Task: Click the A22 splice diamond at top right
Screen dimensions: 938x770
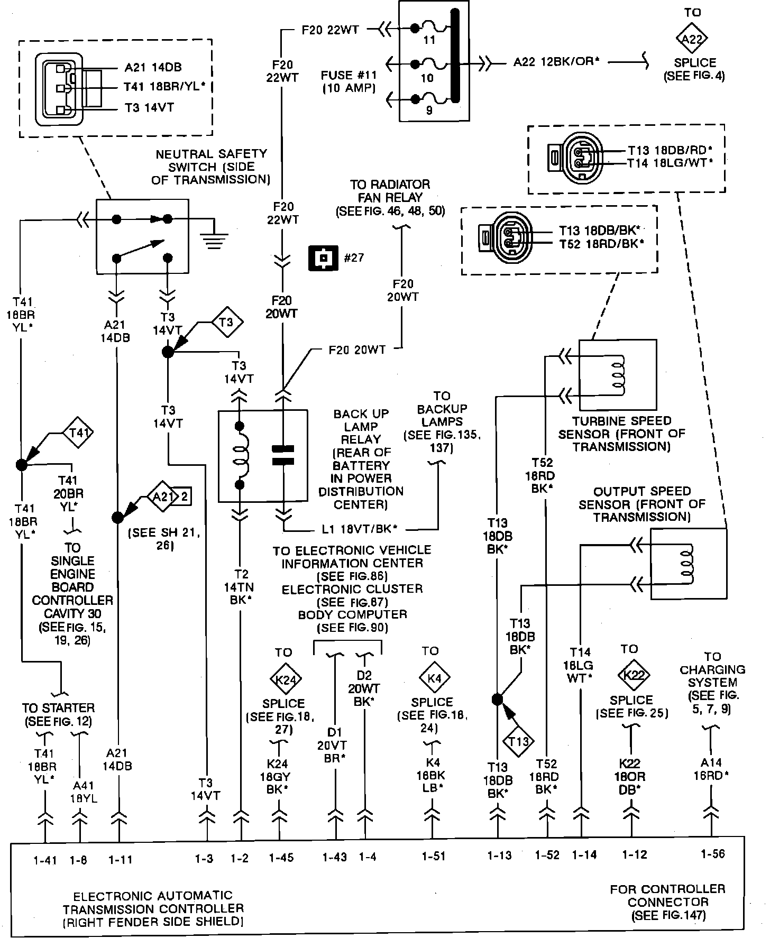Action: point(692,39)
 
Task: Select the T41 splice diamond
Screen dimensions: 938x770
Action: point(79,433)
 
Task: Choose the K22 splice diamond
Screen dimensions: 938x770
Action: point(633,675)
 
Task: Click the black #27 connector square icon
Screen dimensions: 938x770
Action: point(323,258)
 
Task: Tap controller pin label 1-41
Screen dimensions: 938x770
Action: point(45,860)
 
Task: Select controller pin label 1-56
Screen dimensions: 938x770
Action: point(712,854)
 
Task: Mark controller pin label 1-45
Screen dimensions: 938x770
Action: point(281,858)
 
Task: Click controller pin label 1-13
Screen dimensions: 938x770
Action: point(499,856)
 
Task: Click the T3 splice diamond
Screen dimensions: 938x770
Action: point(226,321)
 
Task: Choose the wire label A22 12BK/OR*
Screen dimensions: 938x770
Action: point(556,62)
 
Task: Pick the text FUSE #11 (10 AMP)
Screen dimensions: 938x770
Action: point(347,82)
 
